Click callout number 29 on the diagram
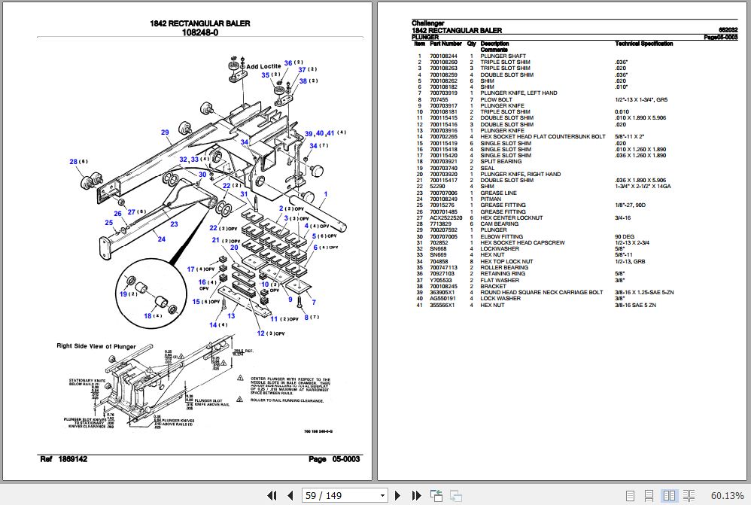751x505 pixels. click(165, 132)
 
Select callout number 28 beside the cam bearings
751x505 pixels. click(74, 161)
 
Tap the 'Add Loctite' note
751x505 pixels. click(263, 66)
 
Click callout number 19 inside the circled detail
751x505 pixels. click(123, 294)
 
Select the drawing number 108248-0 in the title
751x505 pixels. click(199, 32)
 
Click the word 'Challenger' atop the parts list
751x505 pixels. click(428, 24)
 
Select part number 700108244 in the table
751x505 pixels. click(443, 56)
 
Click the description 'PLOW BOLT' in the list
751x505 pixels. click(496, 99)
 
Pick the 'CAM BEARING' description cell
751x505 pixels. click(499, 224)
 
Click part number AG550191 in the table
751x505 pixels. click(442, 299)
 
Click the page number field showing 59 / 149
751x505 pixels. click(345, 494)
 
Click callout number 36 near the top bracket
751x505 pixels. click(287, 62)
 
